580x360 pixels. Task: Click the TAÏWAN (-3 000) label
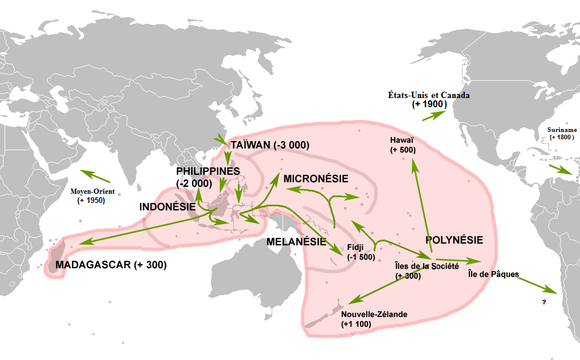[269, 145]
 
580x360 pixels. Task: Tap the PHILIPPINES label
[207, 171]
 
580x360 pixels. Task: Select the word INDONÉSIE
[167, 206]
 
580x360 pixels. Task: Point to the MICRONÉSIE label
[315, 178]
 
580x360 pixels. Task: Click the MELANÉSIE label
[296, 242]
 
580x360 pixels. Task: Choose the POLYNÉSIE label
[454, 240]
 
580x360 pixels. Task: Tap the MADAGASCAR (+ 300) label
[111, 265]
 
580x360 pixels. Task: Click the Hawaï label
[402, 140]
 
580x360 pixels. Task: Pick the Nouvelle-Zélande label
[374, 314]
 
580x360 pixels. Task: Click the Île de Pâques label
[493, 274]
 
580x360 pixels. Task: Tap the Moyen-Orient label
[92, 191]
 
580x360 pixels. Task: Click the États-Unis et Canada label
[428, 95]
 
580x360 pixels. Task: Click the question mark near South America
[542, 302]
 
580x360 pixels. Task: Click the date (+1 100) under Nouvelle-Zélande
[356, 324]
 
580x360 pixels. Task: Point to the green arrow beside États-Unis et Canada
[435, 115]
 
